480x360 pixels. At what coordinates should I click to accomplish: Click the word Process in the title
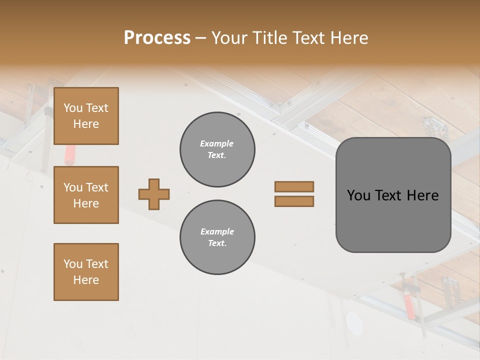click(157, 38)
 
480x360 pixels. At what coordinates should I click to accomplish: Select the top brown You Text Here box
click(86, 116)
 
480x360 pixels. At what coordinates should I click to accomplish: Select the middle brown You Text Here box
click(86, 195)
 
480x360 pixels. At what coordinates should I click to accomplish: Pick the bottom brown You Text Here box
click(86, 271)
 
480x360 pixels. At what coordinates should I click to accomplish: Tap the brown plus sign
click(153, 194)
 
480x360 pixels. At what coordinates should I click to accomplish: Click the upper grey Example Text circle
click(217, 149)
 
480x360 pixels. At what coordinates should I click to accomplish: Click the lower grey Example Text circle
click(217, 237)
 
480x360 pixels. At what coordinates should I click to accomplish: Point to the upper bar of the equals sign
click(294, 186)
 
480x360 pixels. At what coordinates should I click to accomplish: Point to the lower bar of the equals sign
click(294, 201)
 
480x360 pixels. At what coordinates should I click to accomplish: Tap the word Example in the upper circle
click(217, 143)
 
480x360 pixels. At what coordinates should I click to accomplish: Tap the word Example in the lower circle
click(217, 231)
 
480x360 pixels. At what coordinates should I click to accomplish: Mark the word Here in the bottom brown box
click(86, 280)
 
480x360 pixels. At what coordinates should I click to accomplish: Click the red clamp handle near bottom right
click(409, 306)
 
